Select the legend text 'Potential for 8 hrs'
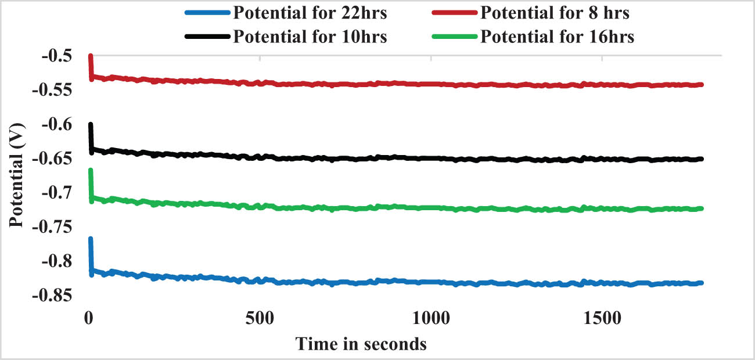point(555,12)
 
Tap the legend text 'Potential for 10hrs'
point(310,37)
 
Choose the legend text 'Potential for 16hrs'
point(558,37)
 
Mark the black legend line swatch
point(207,37)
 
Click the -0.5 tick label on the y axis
point(55,56)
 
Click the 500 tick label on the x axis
point(260,318)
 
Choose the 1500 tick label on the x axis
point(602,318)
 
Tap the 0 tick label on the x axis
point(89,318)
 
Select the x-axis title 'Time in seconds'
point(361,344)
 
